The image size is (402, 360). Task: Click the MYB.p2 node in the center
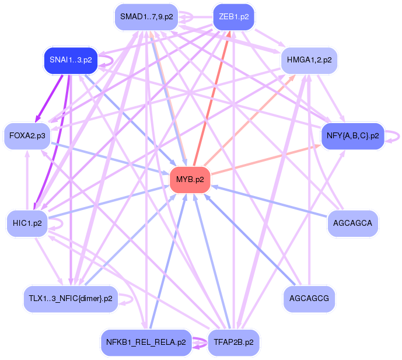pyautogui.click(x=190, y=179)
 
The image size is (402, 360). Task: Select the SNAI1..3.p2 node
pyautogui.click(x=69, y=60)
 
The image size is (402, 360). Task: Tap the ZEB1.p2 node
pyautogui.click(x=233, y=16)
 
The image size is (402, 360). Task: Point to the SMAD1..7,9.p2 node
pyautogui.click(x=146, y=16)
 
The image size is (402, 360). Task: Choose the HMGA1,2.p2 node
pyautogui.click(x=309, y=60)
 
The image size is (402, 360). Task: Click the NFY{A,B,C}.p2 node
pyautogui.click(x=352, y=135)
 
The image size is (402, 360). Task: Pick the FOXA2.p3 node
pyautogui.click(x=27, y=135)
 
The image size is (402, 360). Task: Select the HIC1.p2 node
pyautogui.click(x=27, y=223)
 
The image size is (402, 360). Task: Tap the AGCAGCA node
pyautogui.click(x=352, y=223)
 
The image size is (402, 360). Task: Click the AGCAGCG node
pyautogui.click(x=309, y=298)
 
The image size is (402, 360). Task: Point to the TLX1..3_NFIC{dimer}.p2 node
pyautogui.click(x=70, y=298)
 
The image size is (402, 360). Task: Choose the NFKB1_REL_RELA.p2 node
pyautogui.click(x=146, y=342)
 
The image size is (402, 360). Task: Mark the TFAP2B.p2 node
pyautogui.click(x=233, y=342)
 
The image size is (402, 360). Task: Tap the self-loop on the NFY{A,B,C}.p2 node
pyautogui.click(x=396, y=135)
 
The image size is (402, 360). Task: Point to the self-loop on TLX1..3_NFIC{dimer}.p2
pyautogui.click(x=128, y=298)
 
